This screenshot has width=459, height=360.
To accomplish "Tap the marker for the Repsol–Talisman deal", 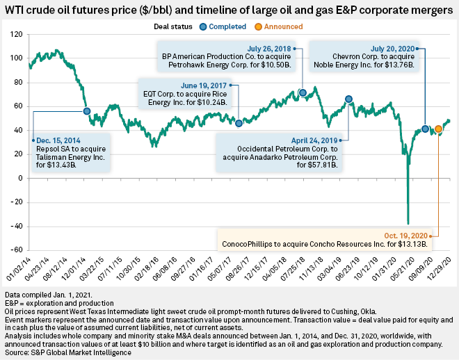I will tap(87, 111).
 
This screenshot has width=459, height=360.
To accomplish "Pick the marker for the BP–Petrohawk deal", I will tap(303, 92).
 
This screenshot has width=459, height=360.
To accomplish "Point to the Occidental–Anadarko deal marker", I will tap(348, 99).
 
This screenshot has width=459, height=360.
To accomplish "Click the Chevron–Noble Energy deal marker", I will tap(426, 129).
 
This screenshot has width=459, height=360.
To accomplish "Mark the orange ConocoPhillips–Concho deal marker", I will tap(438, 129).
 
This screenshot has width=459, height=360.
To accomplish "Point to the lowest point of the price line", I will tap(408, 223).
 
